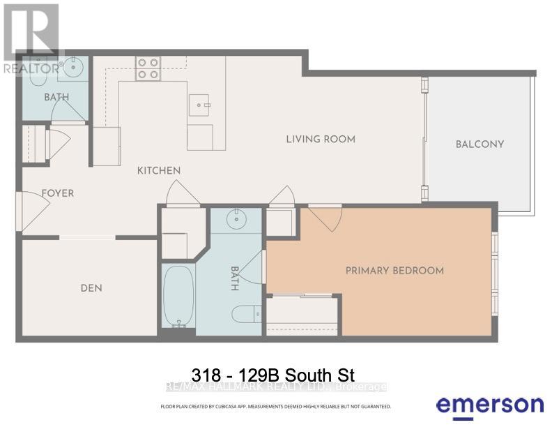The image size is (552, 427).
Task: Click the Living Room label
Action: pos(321,139)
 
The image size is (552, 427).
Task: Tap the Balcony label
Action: pos(480,144)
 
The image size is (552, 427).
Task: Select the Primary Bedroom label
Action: pos(394,271)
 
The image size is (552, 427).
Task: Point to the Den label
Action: pos(91,287)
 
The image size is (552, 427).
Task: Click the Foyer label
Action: pos(57,193)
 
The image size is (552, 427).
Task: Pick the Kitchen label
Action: pos(159,170)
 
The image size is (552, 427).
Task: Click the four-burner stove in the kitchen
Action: pos(147,67)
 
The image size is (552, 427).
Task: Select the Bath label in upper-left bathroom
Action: pos(57,97)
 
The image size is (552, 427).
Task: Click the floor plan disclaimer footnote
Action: pos(276,406)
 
